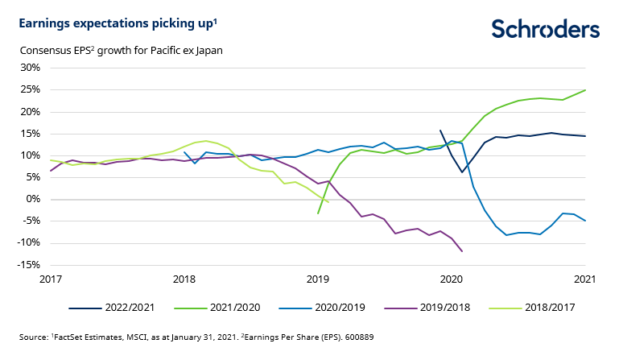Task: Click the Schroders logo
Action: [545, 30]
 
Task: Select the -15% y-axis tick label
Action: [29, 265]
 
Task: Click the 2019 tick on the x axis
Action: [318, 279]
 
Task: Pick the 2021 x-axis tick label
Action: [584, 279]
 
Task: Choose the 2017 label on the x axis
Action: [51, 279]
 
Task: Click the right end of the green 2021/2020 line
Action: [584, 90]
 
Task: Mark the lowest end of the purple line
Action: [462, 251]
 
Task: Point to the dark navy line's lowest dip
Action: [462, 172]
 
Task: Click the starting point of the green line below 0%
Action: [318, 213]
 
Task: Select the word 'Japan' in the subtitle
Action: [207, 50]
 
